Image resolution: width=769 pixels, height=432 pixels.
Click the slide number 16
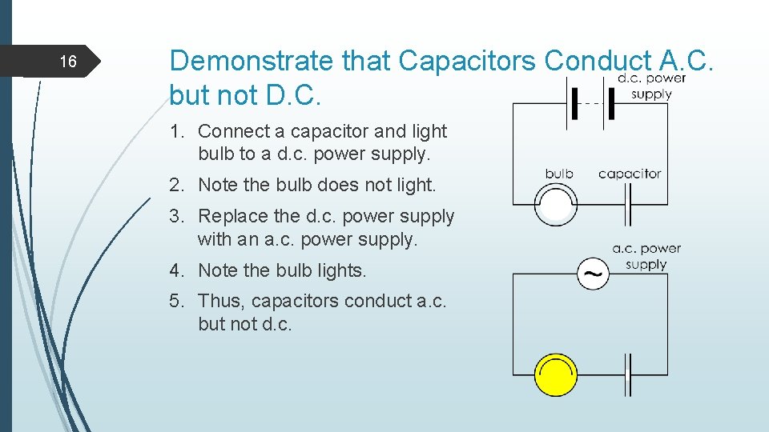pos(68,62)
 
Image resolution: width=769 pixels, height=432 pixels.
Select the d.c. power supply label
pos(651,86)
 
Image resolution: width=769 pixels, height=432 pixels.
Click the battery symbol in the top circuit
pos(591,104)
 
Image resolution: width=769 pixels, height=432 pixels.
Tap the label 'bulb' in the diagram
pos(559,174)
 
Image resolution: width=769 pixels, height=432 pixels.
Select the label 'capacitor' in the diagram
pos(630,174)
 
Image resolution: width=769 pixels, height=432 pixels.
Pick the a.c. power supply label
pos(646,256)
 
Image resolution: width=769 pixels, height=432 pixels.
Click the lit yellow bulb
pos(555,375)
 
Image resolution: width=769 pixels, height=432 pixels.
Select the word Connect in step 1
pos(232,131)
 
